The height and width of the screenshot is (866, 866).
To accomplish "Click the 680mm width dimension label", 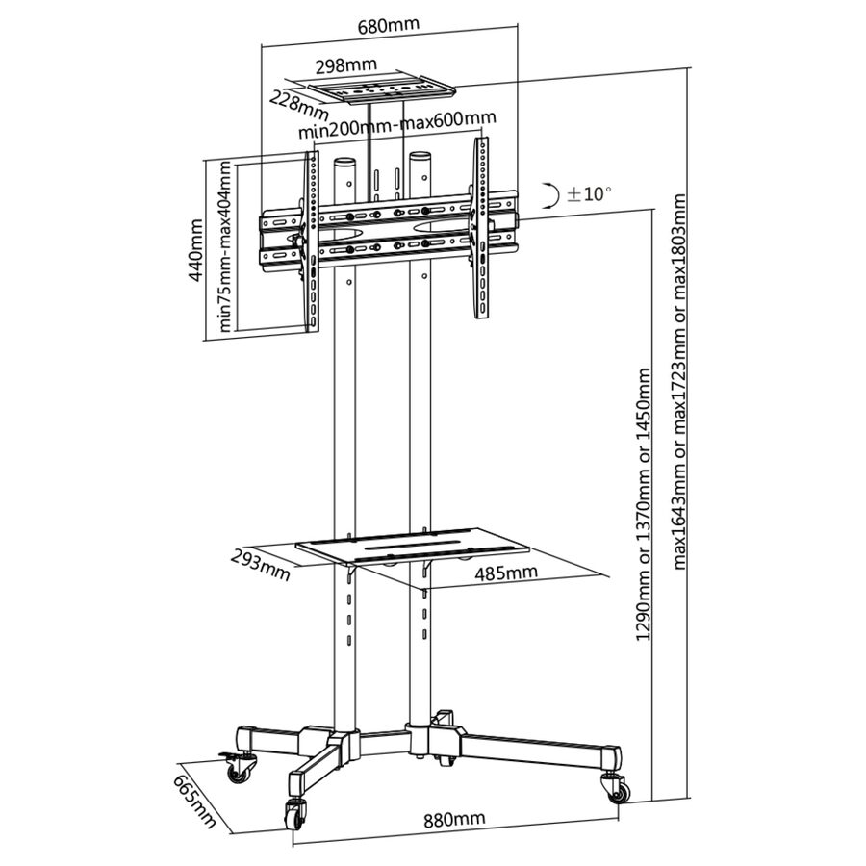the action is (x=389, y=25).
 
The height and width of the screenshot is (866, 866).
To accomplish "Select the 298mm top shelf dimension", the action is (x=345, y=65).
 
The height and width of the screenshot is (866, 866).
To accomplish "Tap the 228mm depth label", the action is (x=299, y=107).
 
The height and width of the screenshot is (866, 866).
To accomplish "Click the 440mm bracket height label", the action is (x=195, y=249).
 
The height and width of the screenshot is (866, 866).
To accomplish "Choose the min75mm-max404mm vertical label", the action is (x=224, y=245).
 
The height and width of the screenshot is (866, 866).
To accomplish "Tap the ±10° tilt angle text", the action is (x=589, y=193).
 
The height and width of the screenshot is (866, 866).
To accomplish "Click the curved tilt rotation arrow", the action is (x=551, y=195).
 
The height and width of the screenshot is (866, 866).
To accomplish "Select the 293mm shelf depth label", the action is (x=260, y=564).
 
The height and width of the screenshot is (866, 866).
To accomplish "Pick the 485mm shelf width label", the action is (x=506, y=573).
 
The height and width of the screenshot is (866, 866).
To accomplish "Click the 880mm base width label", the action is (x=454, y=819).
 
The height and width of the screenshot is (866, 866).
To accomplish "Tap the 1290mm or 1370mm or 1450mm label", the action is (x=644, y=505).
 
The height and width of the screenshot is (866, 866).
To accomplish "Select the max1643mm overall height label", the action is (x=679, y=381).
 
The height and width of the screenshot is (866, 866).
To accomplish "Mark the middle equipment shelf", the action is (x=413, y=546).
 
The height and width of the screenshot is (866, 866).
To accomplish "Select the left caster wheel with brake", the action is (x=239, y=767).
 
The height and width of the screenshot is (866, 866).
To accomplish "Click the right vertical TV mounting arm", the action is (x=481, y=227).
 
